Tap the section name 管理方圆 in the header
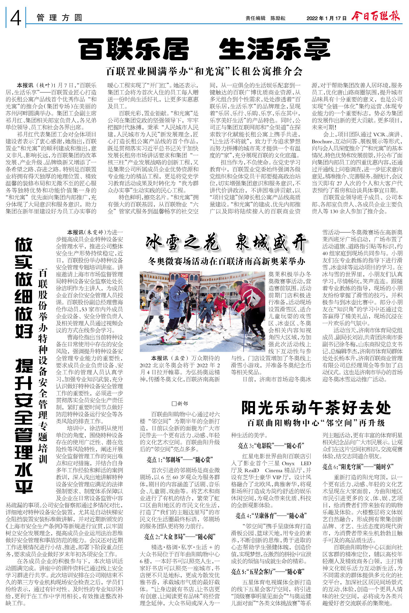pyautogui.click(x=59, y=18)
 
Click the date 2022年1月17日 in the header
pyautogui.click(x=326, y=18)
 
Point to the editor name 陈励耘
pyautogui.click(x=278, y=18)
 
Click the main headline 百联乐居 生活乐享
pyautogui.click(x=204, y=49)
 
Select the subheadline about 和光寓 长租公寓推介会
pyautogui.click(x=204, y=71)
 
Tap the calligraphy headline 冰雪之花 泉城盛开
pyautogui.click(x=226, y=243)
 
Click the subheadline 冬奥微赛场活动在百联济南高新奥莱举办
pyautogui.click(x=226, y=261)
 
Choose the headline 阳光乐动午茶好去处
pyautogui.click(x=316, y=407)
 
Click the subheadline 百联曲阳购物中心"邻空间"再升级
pyautogui.click(x=316, y=423)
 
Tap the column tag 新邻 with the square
pyautogui.click(x=180, y=404)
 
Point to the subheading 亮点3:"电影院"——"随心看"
pyautogui.click(x=271, y=446)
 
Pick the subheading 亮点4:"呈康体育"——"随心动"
pyautogui.click(x=271, y=516)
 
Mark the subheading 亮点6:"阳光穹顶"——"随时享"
pyautogui.click(x=362, y=467)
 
